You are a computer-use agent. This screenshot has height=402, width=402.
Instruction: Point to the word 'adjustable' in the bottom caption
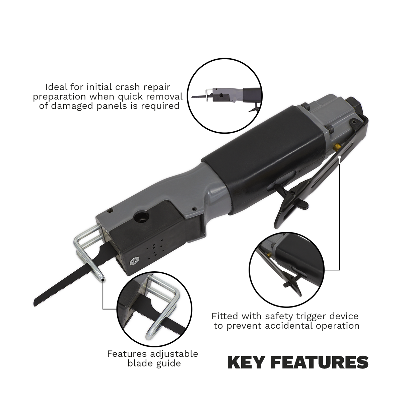coord(174,354)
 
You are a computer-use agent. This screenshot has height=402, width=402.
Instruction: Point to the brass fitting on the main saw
coord(336,147)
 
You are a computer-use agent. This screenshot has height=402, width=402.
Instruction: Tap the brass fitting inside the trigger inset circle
coord(269,255)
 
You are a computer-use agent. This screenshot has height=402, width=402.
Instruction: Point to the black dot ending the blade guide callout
coord(103,281)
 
